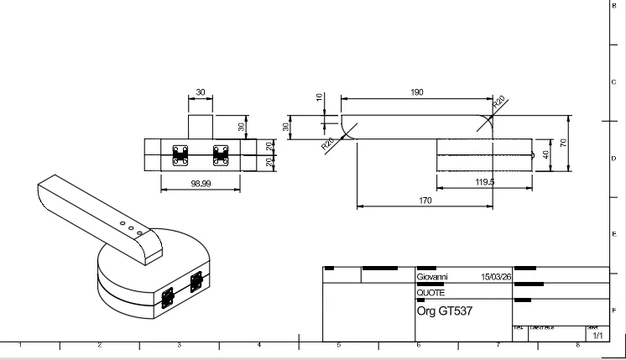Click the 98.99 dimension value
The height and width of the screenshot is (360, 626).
tap(200, 183)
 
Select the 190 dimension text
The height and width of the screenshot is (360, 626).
tap(417, 92)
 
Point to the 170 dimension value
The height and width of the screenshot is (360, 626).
tap(425, 201)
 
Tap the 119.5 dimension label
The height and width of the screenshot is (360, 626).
tap(485, 181)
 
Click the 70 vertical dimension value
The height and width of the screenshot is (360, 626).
tap(564, 143)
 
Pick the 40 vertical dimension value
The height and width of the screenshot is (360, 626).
tap(547, 155)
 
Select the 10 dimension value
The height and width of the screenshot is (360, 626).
tap(319, 97)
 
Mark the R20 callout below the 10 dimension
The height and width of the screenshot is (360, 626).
tap(327, 143)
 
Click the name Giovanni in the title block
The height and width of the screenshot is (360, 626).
tap(432, 275)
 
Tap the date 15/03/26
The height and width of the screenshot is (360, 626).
tap(496, 275)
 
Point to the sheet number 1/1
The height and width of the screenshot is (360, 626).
tap(597, 336)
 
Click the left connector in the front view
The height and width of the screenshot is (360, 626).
tap(180, 155)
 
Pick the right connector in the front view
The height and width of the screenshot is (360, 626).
tap(222, 155)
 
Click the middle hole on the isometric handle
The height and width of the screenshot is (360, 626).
tap(130, 224)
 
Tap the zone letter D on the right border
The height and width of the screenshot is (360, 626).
tap(614, 158)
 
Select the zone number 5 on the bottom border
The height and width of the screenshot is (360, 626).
tap(339, 346)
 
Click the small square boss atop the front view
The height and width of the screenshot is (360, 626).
tap(201, 127)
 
